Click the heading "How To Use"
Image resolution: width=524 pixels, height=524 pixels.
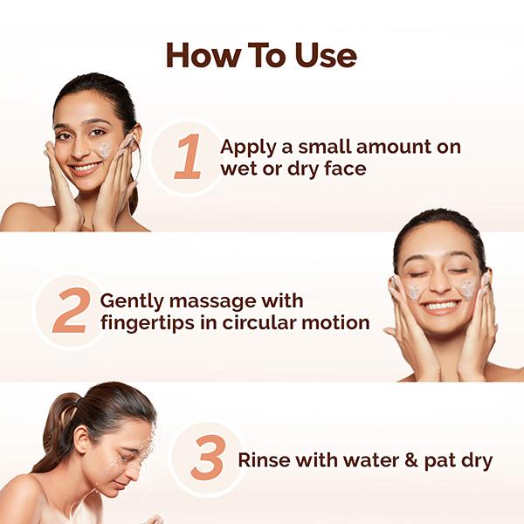click(261, 55)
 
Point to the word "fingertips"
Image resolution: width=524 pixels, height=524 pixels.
click(145, 323)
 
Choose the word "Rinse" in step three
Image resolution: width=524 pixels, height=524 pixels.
click(265, 460)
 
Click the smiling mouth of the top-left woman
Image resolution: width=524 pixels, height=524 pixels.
click(85, 166)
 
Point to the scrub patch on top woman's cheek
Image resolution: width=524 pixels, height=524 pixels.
click(105, 150)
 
